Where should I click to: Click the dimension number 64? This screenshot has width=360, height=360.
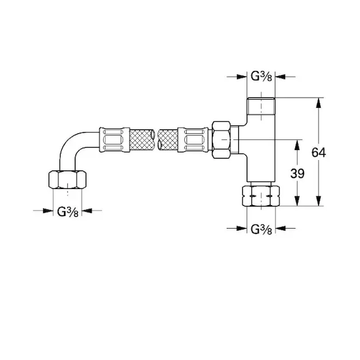319,152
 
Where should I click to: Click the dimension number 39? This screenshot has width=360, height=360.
298,173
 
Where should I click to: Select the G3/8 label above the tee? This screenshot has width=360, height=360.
261,76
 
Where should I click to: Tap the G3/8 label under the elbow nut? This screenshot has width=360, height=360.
68,212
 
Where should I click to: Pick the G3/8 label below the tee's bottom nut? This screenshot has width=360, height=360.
261,229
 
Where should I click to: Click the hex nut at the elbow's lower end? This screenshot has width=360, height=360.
67,179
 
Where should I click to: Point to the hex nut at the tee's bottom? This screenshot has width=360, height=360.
261,196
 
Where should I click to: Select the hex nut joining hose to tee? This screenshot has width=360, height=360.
221,140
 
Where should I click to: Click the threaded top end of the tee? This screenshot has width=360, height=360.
261,106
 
